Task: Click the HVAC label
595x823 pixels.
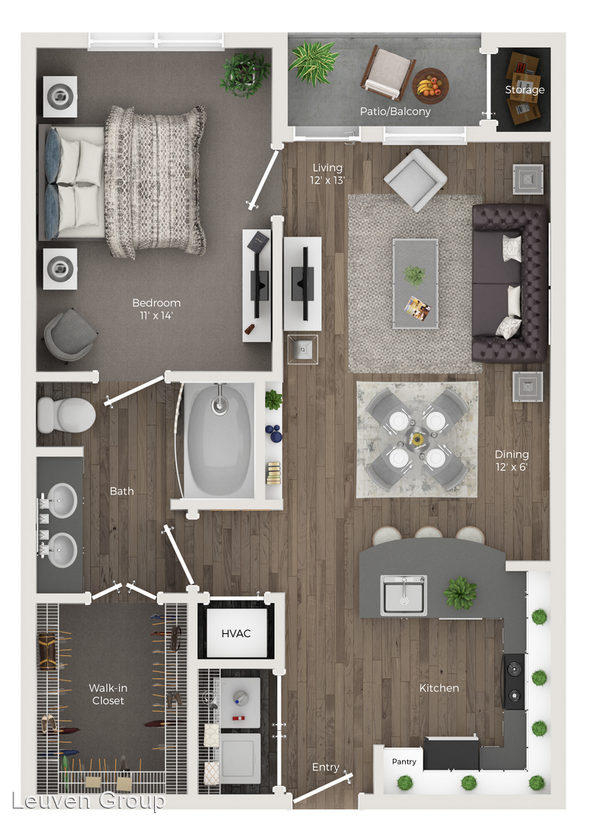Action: click(236, 633)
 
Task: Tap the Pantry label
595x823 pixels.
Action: click(404, 761)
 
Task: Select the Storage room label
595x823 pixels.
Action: click(525, 90)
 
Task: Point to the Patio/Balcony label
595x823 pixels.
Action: click(394, 111)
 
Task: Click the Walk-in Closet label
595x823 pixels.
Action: click(108, 694)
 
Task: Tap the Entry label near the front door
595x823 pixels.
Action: click(326, 767)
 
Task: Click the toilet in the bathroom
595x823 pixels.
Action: click(66, 415)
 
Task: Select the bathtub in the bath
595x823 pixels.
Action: click(219, 440)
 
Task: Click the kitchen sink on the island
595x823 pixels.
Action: click(404, 594)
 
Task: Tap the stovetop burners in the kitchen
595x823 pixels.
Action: click(514, 681)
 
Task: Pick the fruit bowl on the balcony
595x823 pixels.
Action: click(430, 86)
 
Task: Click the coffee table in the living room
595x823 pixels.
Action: click(415, 284)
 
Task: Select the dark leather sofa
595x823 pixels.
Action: click(510, 283)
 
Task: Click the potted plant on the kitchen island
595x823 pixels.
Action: click(460, 593)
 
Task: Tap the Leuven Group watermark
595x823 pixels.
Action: click(88, 801)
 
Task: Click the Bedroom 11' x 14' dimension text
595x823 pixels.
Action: click(156, 309)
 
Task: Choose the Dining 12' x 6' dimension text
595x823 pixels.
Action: click(511, 461)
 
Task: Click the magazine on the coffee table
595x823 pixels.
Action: click(417, 308)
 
